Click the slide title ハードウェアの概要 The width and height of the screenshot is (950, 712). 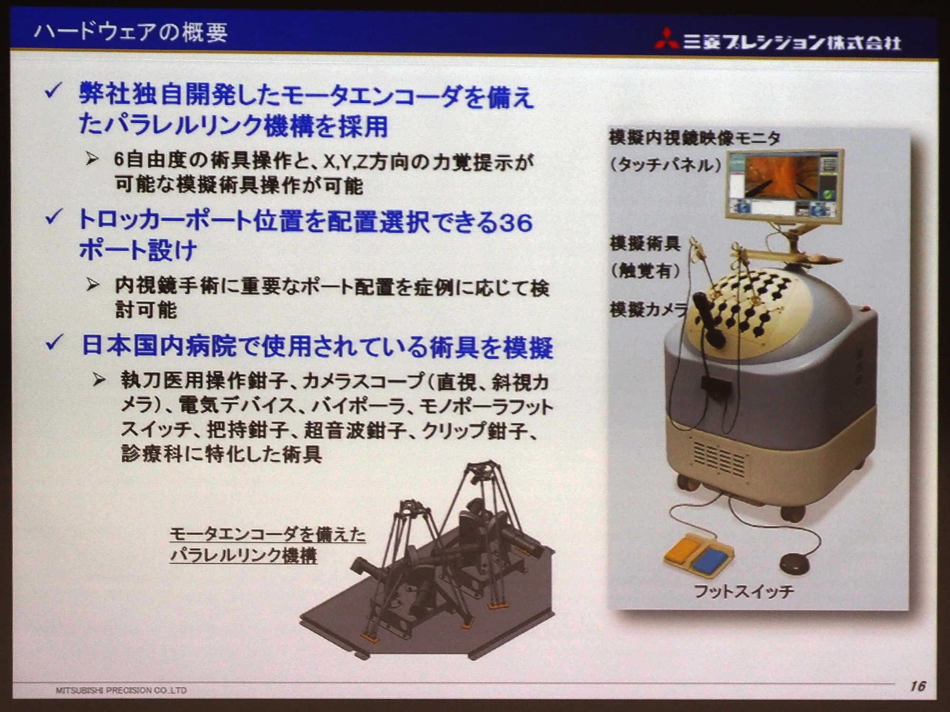pyautogui.click(x=130, y=32)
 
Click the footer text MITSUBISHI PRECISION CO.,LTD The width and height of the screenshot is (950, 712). pyautogui.click(x=121, y=690)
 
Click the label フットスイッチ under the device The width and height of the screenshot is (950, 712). pyautogui.click(x=743, y=591)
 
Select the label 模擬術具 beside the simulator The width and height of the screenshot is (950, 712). pyautogui.click(x=645, y=244)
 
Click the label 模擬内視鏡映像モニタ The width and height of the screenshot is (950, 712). pyautogui.click(x=694, y=138)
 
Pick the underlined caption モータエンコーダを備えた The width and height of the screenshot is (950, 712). pyautogui.click(x=267, y=535)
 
